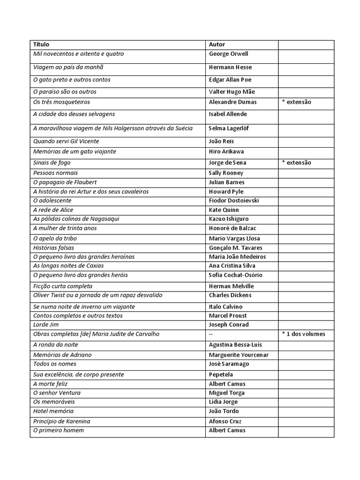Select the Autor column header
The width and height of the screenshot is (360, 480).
[x=217, y=45]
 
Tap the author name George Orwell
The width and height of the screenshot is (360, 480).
[x=228, y=54]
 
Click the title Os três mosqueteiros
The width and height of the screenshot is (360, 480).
[x=61, y=102]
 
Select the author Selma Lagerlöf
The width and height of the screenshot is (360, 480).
[x=229, y=128]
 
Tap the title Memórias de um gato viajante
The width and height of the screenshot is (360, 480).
[x=75, y=152]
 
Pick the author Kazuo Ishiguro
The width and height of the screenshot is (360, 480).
[x=229, y=219]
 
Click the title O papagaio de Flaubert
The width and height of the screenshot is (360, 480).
[x=65, y=182]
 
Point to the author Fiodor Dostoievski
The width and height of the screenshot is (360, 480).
[x=234, y=201]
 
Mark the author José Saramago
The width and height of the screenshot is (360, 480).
[x=229, y=364]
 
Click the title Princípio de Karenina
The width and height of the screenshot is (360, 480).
[x=61, y=421]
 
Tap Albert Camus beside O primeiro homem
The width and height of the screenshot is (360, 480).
[x=227, y=430]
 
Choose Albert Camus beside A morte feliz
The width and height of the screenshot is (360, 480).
[x=227, y=384]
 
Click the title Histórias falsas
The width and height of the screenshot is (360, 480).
[x=53, y=248]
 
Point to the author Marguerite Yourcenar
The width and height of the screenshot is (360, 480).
[x=239, y=355]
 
